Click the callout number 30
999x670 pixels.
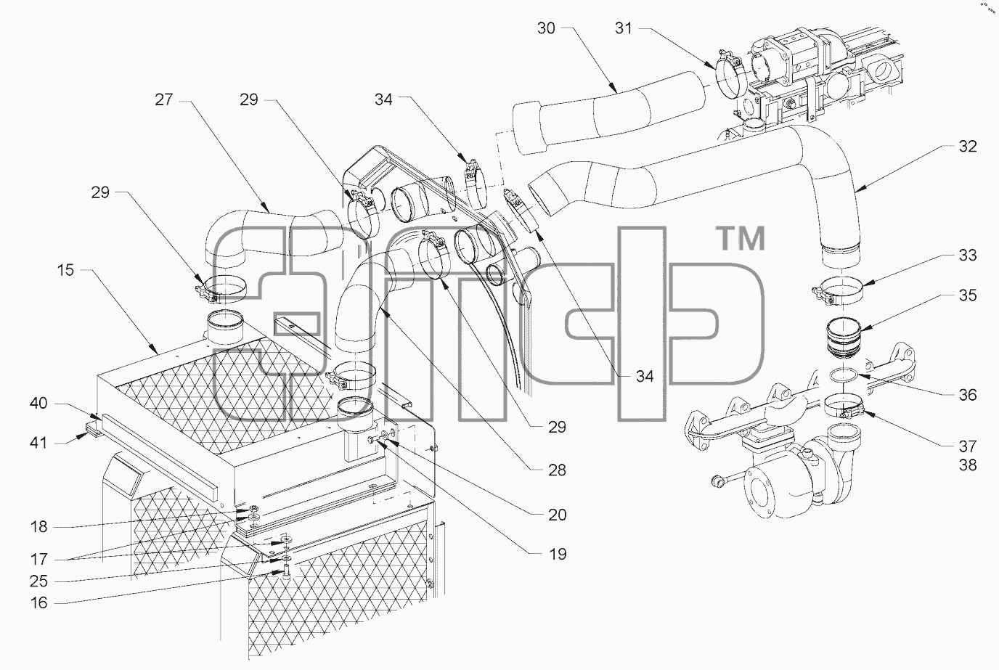(x=546, y=28)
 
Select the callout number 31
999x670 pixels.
(x=624, y=28)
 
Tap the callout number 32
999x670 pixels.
(x=968, y=147)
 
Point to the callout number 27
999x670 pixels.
(x=163, y=99)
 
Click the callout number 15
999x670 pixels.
(x=65, y=270)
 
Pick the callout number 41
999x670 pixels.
(x=38, y=443)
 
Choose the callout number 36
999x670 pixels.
(x=968, y=395)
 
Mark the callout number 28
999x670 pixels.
(x=557, y=470)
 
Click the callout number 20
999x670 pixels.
(x=557, y=515)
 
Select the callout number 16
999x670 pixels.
(x=38, y=603)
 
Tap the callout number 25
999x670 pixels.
(x=38, y=581)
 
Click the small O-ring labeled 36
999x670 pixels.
(x=843, y=376)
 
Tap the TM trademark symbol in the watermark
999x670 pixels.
(x=741, y=239)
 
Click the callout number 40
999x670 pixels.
(x=38, y=404)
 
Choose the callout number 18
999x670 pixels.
(x=38, y=527)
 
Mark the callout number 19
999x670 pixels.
(x=557, y=554)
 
